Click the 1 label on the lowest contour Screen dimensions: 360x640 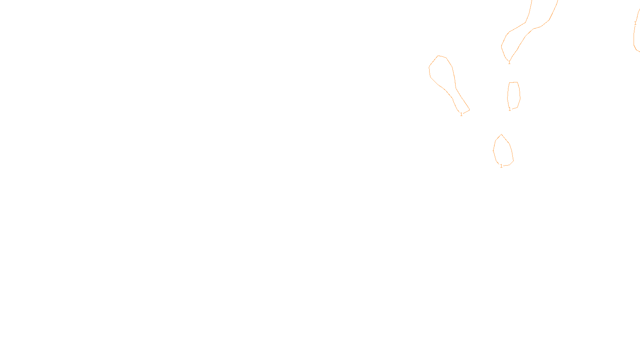click(501, 166)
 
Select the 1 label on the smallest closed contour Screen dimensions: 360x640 click(510, 109)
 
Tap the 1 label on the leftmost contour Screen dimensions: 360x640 click(461, 114)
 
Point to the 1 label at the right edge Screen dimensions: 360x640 click(635, 23)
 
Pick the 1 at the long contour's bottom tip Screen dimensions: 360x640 click(509, 62)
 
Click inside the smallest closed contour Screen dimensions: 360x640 click(514, 95)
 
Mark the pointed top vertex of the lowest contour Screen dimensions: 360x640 click(501, 134)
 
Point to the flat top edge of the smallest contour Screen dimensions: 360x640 click(514, 82)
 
